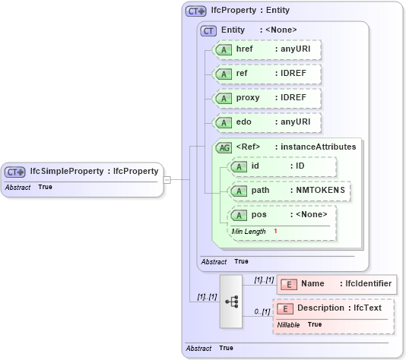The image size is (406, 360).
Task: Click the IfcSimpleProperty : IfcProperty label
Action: click(x=94, y=172)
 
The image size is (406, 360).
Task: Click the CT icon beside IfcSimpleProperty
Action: click(x=15, y=172)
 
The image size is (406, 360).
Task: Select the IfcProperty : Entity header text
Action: click(x=251, y=11)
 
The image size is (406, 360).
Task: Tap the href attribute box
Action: click(x=267, y=49)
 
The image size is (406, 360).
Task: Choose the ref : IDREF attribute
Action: click(x=267, y=74)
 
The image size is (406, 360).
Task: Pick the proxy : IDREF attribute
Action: click(x=267, y=98)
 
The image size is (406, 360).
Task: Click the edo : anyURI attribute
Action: click(x=267, y=122)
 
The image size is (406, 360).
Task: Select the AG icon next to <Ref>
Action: click(x=224, y=147)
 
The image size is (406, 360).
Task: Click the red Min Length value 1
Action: click(x=275, y=230)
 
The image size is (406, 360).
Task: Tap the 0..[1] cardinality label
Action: click(x=262, y=311)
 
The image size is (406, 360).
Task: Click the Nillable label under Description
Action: click(x=288, y=324)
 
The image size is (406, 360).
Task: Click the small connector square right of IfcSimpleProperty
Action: click(x=167, y=180)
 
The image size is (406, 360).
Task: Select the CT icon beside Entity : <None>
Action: click(x=208, y=30)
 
